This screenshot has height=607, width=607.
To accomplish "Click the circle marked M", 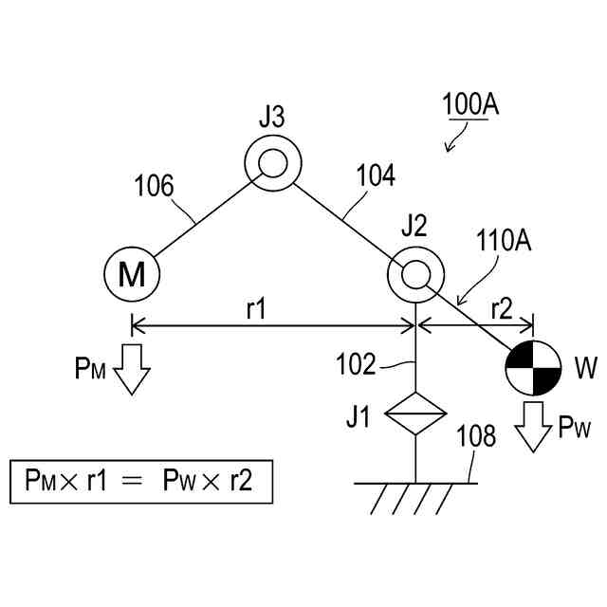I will (x=131, y=275).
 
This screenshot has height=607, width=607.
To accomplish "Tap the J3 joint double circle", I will (x=273, y=162).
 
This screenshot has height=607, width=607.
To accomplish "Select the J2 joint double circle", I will (x=415, y=275).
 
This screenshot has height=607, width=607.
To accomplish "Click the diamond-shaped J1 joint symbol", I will (x=415, y=414).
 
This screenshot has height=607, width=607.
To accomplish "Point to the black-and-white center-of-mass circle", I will (x=533, y=368).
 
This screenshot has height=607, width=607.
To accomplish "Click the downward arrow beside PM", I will (x=131, y=369).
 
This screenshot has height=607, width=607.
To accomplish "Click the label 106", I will (x=154, y=185).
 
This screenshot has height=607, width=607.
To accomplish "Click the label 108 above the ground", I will (x=477, y=436).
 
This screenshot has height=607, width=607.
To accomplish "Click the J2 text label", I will (x=414, y=226).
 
